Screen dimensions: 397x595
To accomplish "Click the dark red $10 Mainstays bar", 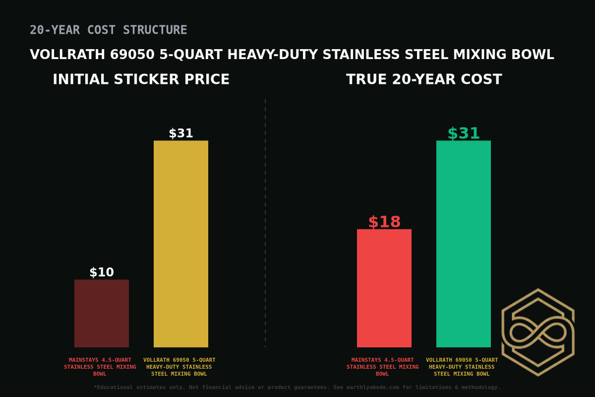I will (x=102, y=313).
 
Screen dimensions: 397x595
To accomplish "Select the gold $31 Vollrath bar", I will (x=181, y=244).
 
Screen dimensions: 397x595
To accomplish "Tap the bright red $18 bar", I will (x=384, y=288).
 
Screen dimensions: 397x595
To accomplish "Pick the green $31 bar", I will (x=464, y=244).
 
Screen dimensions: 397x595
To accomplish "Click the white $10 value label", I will (x=102, y=272).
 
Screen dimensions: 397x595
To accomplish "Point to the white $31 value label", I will (x=181, y=133).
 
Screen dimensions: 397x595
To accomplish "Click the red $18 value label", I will (x=384, y=222).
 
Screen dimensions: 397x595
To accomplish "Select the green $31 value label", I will (x=464, y=133).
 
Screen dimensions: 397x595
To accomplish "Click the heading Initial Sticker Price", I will (x=141, y=80).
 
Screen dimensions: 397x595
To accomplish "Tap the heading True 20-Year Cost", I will (x=424, y=80).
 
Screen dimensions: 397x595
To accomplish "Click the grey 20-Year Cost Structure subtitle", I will (x=109, y=30).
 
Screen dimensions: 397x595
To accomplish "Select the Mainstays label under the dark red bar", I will (x=100, y=367).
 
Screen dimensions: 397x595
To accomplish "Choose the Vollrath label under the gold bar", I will (x=179, y=367).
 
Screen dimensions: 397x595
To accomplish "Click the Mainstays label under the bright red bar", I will (x=383, y=367).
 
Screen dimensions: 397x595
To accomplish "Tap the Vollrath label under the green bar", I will (x=462, y=367).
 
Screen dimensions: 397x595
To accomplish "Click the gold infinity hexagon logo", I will (x=538, y=332).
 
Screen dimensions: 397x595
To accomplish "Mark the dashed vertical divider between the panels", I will (x=265, y=223).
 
